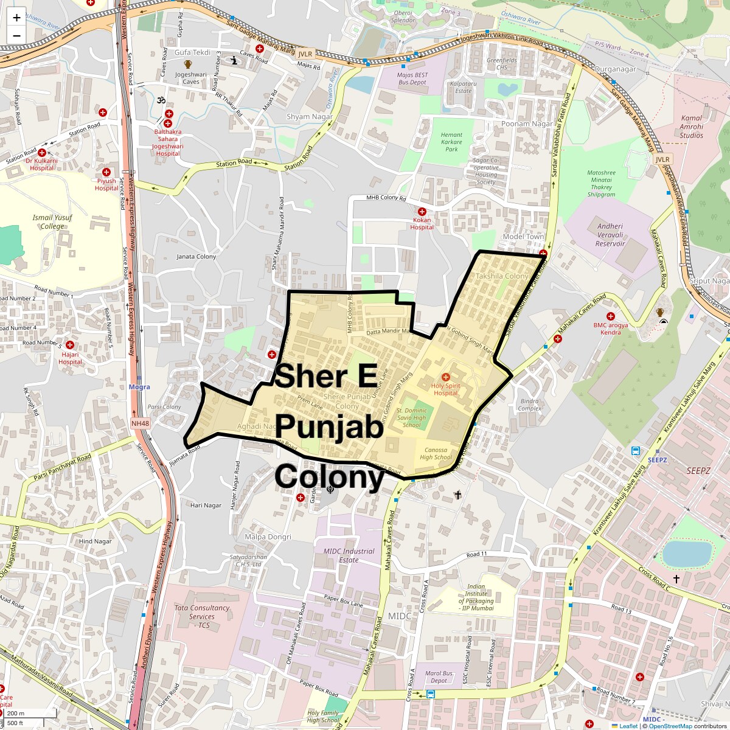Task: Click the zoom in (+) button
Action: pos(16,18)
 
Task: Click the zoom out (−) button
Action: pos(16,35)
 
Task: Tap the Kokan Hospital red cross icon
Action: pos(422,212)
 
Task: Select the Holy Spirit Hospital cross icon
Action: pos(446,377)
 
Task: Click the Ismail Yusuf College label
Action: pos(52,221)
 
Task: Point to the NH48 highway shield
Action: pos(139,423)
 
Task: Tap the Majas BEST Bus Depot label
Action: pos(412,78)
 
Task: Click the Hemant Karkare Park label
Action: pos(451,142)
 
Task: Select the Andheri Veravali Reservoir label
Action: pos(610,235)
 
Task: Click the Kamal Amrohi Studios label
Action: pos(692,127)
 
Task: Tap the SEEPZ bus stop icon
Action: pos(636,451)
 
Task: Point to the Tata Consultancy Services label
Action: pos(202,616)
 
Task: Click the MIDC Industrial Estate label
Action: pos(349,555)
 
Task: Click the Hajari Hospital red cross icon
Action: pos(70,345)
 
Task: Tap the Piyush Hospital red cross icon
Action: pos(106,172)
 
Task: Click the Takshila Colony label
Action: pos(502,276)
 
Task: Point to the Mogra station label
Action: pos(139,387)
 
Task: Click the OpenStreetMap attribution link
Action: pos(670,726)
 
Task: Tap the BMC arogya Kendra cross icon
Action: pos(611,316)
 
